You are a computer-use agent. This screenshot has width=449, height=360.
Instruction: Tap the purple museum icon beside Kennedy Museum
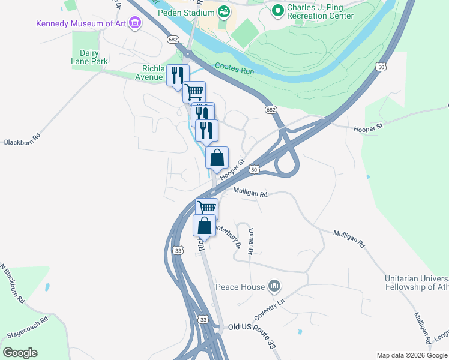click(x=135, y=23)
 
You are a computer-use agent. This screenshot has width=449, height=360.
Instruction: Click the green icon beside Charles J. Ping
click(x=277, y=10)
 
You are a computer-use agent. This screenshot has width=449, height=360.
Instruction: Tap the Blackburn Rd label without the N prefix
click(x=22, y=139)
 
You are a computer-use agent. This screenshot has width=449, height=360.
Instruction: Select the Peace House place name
click(x=240, y=287)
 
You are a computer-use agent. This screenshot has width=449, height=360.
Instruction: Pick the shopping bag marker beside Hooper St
click(x=217, y=158)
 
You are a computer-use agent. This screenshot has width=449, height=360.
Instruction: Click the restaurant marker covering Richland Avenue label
click(x=176, y=76)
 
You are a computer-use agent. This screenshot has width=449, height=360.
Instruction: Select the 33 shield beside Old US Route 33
click(x=203, y=320)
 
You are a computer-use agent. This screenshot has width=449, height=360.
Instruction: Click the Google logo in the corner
click(x=20, y=353)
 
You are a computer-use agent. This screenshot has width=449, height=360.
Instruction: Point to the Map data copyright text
click(x=411, y=355)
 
